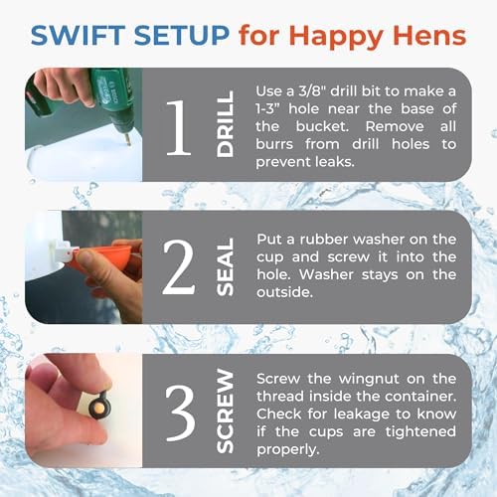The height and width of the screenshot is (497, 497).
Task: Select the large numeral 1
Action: pos(179,127)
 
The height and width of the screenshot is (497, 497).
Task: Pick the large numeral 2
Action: pos(179,266)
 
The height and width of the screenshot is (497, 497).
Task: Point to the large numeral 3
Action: pos(180,414)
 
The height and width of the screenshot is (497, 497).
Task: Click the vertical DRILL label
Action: pos(225,123)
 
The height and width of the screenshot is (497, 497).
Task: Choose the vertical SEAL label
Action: pos(225,266)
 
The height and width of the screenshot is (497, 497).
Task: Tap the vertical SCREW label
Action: pos(225,411)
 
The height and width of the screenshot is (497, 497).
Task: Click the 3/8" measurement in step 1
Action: pos(311,91)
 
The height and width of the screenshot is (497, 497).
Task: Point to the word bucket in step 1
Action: pos(322,126)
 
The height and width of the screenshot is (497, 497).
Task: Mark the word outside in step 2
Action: pos(284,292)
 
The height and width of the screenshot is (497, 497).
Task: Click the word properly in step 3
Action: pos(288,450)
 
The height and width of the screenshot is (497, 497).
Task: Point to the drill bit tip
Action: pos(129,144)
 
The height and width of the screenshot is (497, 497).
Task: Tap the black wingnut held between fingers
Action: pos(98,405)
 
